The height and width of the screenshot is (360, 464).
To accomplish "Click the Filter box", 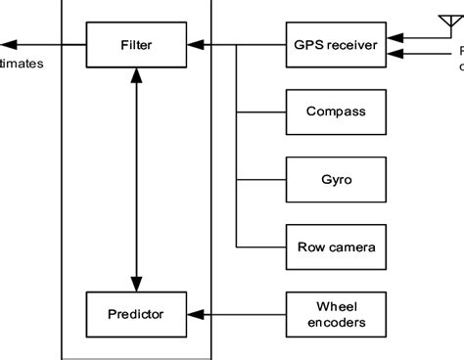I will pos(134,44).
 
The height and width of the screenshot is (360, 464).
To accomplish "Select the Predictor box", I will pos(134,314).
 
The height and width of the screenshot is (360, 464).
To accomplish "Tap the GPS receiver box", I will pos(331,44).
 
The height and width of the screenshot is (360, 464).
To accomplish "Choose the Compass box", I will pos(331,112).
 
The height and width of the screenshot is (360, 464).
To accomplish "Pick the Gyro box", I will pos(331,179).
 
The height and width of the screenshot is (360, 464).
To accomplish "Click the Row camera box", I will pos(331,247).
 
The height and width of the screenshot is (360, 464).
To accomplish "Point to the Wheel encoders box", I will pos(331,314).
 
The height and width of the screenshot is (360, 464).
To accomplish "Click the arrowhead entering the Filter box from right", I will pos(193,44).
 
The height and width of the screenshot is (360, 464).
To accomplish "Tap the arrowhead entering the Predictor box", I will pos(193,314).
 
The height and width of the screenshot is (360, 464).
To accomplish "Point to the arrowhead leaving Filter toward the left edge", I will pos(6,44).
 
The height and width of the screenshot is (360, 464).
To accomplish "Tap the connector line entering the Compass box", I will pos(260,112).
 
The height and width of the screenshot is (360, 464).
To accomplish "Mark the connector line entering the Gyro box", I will pos(260,179).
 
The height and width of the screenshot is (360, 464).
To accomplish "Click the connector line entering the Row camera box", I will pos(260,247).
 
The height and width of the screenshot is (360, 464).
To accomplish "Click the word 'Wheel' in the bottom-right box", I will pos(331,306).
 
